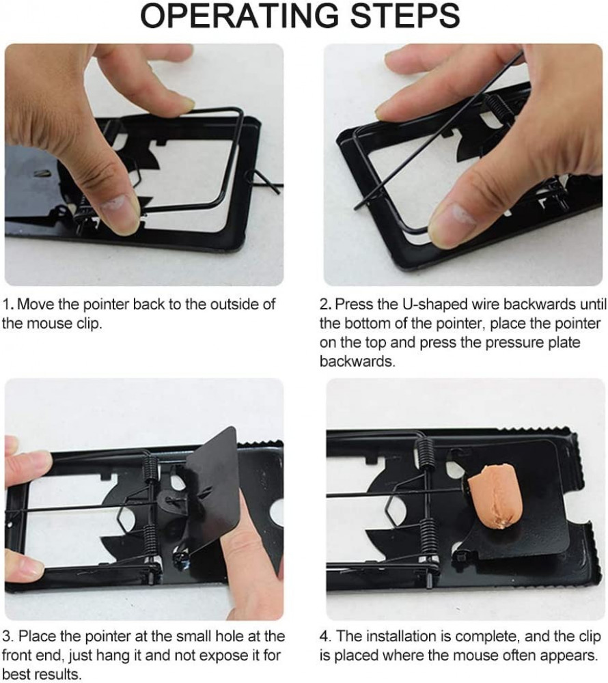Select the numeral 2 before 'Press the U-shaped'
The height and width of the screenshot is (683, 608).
(x=324, y=304)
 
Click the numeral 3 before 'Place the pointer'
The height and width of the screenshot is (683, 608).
(x=7, y=636)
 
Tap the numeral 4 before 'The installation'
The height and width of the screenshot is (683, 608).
(x=324, y=636)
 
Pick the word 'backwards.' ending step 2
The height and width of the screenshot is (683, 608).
(x=357, y=361)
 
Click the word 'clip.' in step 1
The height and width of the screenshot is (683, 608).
(x=89, y=324)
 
